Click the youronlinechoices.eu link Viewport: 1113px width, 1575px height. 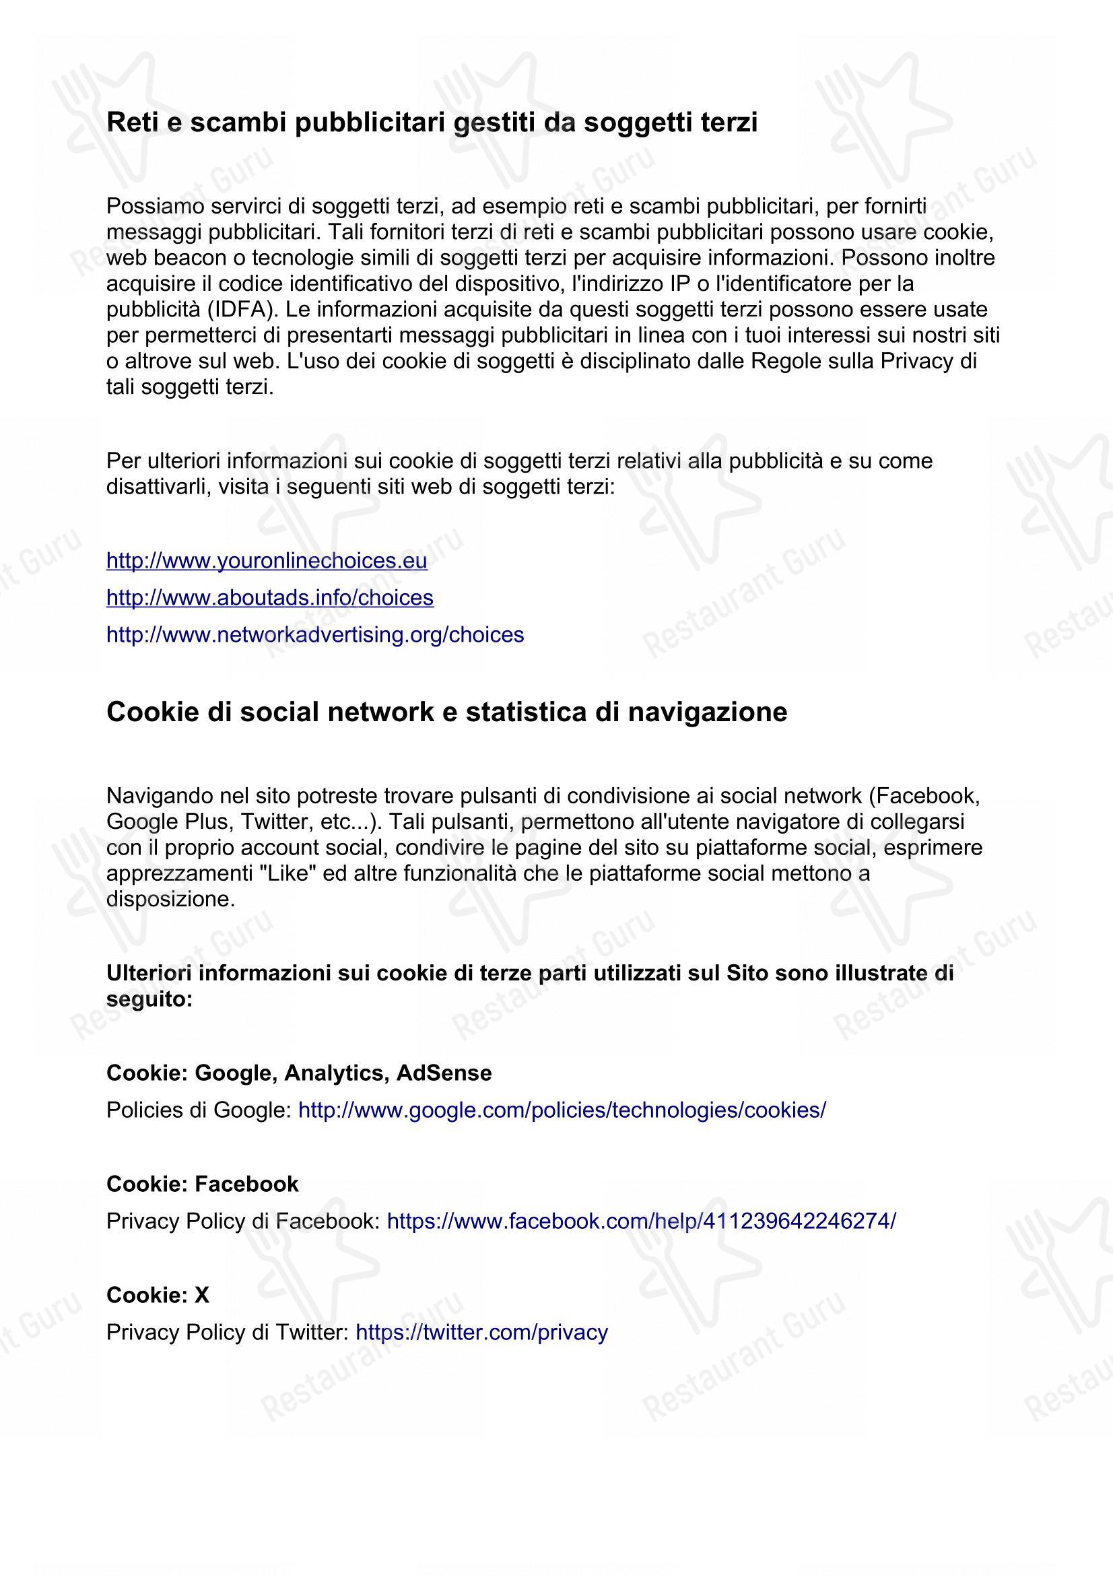click(x=267, y=560)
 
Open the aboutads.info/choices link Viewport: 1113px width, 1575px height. click(x=269, y=597)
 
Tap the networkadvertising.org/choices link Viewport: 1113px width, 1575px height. click(x=314, y=634)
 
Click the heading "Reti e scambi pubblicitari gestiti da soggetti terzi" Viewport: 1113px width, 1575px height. click(x=432, y=123)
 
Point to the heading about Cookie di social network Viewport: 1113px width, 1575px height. click(x=446, y=712)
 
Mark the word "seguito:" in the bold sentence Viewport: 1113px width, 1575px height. click(x=149, y=999)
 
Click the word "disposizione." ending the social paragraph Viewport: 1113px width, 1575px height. click(x=171, y=900)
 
